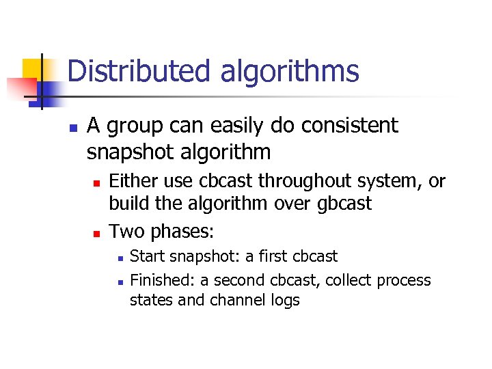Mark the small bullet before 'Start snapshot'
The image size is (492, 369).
click(x=119, y=258)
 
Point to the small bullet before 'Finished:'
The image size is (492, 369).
click(x=119, y=282)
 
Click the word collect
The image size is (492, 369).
click(x=342, y=280)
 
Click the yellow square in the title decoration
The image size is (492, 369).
click(x=33, y=68)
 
